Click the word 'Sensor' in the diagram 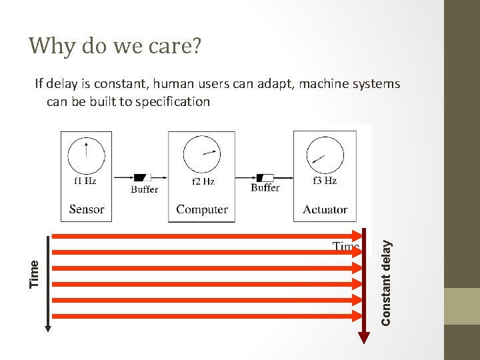click(x=87, y=209)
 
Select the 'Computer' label click(x=202, y=209)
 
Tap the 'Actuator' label click(x=325, y=209)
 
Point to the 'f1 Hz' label click(x=84, y=181)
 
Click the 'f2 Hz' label click(x=203, y=181)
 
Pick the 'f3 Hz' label click(x=325, y=181)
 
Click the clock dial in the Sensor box click(x=86, y=155)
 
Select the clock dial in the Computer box click(x=201, y=155)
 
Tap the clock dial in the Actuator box click(x=325, y=157)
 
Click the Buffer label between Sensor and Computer click(x=144, y=189)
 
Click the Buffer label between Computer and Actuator click(x=265, y=188)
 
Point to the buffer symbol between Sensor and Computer click(x=142, y=177)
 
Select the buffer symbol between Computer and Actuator click(x=265, y=177)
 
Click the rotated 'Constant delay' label click(x=385, y=283)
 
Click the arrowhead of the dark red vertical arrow click(x=363, y=338)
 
